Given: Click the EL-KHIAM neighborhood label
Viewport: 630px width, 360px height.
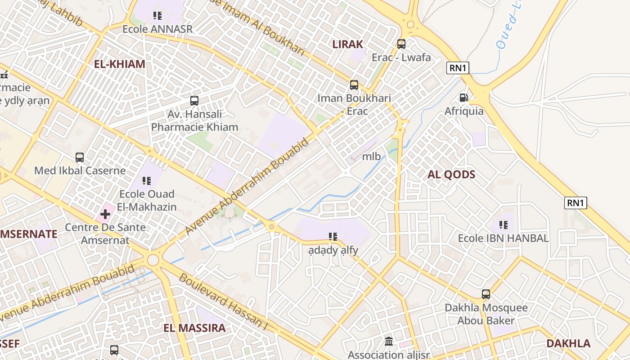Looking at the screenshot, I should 119,64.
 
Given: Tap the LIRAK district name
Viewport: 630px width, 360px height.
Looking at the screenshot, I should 347,44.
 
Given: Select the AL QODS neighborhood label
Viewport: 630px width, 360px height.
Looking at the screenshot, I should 451,175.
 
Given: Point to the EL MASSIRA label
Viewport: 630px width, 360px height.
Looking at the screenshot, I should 194,328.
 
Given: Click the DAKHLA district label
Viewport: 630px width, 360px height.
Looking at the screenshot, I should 568,344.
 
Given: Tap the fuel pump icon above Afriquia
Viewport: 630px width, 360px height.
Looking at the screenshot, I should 463,98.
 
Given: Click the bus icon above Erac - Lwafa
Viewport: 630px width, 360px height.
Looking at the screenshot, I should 401,44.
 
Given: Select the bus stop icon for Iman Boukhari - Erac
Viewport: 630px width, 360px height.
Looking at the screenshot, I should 354,85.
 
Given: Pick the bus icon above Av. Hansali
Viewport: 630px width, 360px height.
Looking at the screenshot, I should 194,101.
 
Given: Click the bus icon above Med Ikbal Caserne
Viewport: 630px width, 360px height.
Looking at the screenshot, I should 80,157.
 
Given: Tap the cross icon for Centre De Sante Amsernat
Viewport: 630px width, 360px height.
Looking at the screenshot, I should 105,214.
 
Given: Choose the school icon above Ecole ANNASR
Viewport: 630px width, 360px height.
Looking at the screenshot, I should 157,16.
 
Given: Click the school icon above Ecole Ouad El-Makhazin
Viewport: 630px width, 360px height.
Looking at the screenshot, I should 147,181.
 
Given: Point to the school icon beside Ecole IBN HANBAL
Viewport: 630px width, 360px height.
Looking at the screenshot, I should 503,225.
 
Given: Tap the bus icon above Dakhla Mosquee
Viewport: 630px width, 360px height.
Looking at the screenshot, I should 486,294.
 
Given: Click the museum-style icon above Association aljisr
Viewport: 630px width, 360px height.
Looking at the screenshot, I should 389,342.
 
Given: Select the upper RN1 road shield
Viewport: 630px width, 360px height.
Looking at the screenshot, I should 458,68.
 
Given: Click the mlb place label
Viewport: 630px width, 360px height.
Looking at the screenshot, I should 371,157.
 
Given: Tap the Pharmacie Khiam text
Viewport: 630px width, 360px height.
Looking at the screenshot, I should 194,127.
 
